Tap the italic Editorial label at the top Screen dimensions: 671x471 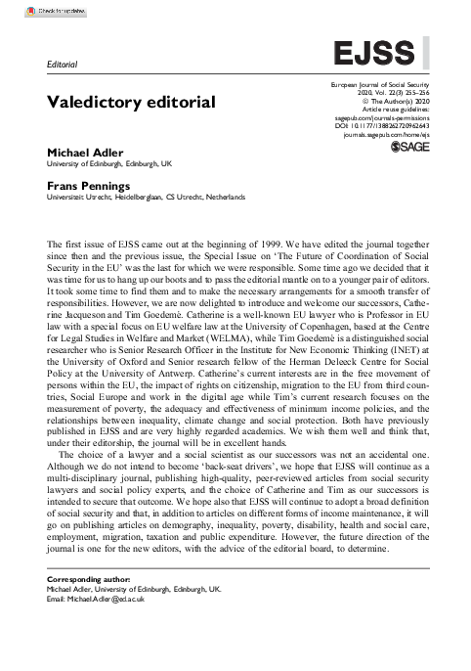62,64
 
